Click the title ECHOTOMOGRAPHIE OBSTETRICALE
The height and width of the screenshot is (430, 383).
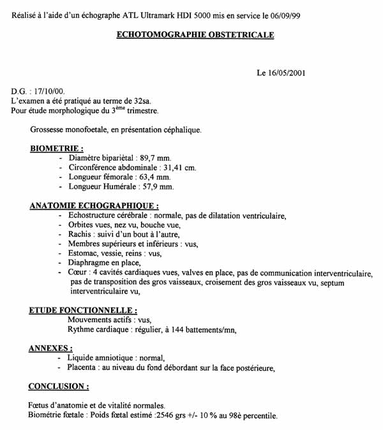click(195, 35)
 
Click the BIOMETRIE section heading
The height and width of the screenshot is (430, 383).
click(57, 148)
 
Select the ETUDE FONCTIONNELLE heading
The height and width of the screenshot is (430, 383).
click(83, 311)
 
